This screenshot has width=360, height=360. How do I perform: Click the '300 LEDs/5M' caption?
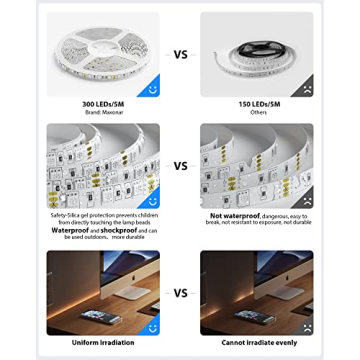[103, 104]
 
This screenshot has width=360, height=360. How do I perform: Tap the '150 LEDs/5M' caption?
[256, 104]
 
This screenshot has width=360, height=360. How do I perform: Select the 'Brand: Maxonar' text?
[103, 112]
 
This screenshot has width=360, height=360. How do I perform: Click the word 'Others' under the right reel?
[256, 112]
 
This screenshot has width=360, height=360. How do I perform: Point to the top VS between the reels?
[180, 56]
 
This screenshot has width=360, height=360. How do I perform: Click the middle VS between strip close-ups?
[180, 166]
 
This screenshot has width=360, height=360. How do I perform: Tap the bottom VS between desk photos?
[180, 294]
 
